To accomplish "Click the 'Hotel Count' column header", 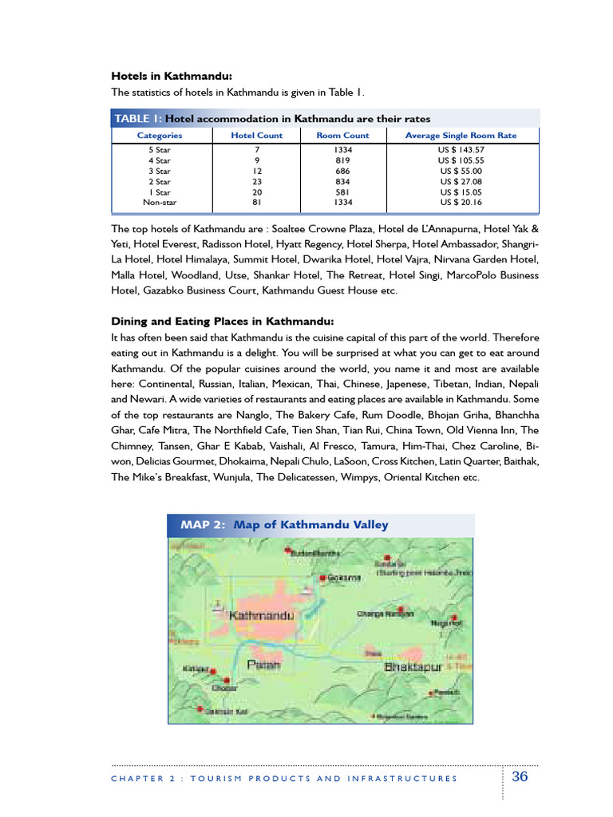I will [x=256, y=136].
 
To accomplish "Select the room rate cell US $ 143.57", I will [x=461, y=150].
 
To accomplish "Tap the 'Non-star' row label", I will [x=159, y=203].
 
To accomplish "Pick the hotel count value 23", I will [x=257, y=182].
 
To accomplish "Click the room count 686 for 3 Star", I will [x=342, y=171].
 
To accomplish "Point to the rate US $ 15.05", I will [x=461, y=192].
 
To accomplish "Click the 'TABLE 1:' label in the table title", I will [x=138, y=118].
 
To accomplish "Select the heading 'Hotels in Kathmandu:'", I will [x=171, y=77].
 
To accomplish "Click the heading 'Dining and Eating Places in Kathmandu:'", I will [x=222, y=322].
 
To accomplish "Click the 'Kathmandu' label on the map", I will [x=262, y=616].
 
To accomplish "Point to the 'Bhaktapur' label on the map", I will [x=413, y=666].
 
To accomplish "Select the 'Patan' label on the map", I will [x=261, y=664].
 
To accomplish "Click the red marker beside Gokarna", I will [x=322, y=578].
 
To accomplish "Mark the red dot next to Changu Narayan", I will [x=411, y=613].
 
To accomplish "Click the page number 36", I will [x=520, y=777].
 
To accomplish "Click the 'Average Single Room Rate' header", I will [x=461, y=136].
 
